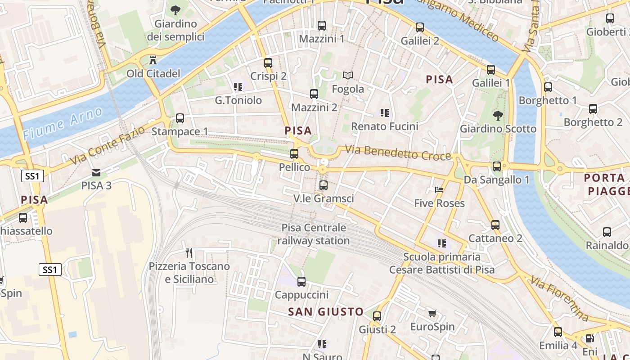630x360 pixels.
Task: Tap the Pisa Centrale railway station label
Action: (x=314, y=234)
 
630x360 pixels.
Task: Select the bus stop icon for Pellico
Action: (x=294, y=154)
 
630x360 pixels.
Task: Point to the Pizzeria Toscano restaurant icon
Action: (x=189, y=253)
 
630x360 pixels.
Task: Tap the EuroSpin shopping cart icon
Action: (x=432, y=313)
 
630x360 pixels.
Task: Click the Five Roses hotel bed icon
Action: (x=439, y=190)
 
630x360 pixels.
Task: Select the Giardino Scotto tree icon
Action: (x=498, y=115)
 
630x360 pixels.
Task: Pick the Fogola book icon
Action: (x=347, y=75)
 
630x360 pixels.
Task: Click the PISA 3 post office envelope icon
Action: (x=96, y=172)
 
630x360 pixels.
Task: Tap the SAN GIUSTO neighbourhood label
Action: (x=326, y=311)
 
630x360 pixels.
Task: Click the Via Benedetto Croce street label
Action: (x=398, y=153)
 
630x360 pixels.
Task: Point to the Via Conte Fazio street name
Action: (x=108, y=145)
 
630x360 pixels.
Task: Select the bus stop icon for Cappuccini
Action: (x=301, y=282)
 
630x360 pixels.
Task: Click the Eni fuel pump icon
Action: (x=589, y=338)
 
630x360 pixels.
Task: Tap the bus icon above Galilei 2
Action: (x=420, y=27)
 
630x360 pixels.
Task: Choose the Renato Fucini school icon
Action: (x=384, y=113)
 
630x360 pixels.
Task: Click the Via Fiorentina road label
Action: (x=559, y=298)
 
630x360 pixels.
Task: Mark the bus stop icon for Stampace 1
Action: (x=180, y=118)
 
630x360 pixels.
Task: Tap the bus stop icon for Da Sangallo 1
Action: (x=497, y=166)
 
